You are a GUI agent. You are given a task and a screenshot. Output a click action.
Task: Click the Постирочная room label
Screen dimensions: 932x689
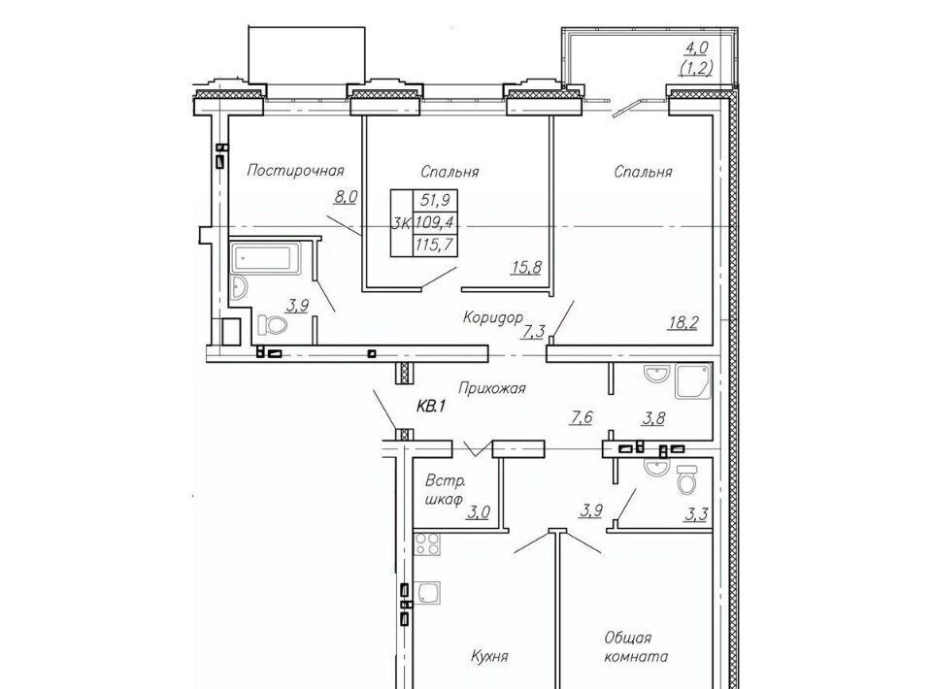coord(295,171)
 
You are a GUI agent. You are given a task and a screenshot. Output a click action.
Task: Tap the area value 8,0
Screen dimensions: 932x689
coord(346,197)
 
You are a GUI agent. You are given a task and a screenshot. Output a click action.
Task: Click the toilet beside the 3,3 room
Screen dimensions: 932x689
coord(686,478)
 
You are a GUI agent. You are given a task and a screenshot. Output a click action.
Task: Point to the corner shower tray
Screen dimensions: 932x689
coord(693,380)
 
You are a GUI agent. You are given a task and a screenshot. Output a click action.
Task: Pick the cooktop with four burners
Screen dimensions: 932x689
coord(426,543)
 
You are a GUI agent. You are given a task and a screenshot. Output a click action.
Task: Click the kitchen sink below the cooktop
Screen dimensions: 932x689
coord(427,593)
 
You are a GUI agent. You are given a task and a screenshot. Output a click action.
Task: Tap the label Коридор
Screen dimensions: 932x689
coord(493,317)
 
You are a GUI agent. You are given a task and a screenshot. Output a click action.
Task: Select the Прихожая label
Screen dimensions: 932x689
coord(492,388)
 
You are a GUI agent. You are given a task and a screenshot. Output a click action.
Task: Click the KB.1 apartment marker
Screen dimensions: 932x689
coord(431,408)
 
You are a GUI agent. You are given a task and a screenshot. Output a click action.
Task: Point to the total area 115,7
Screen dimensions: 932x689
coord(436,245)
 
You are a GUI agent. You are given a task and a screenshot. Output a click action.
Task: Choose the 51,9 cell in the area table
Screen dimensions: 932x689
coord(436,200)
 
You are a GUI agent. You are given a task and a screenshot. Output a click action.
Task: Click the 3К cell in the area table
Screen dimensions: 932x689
coord(401,223)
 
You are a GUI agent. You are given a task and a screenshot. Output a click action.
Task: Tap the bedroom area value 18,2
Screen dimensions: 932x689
coord(682,323)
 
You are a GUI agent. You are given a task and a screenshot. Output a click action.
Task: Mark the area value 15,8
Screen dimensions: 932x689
coord(526,268)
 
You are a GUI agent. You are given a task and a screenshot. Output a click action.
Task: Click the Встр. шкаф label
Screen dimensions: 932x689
coord(445,490)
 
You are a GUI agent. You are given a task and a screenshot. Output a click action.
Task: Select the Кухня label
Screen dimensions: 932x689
coord(489,656)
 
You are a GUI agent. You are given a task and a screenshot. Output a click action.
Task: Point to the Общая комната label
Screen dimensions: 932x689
coord(636,647)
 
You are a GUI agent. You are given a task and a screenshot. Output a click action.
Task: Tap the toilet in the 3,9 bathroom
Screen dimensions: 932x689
coord(272,325)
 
